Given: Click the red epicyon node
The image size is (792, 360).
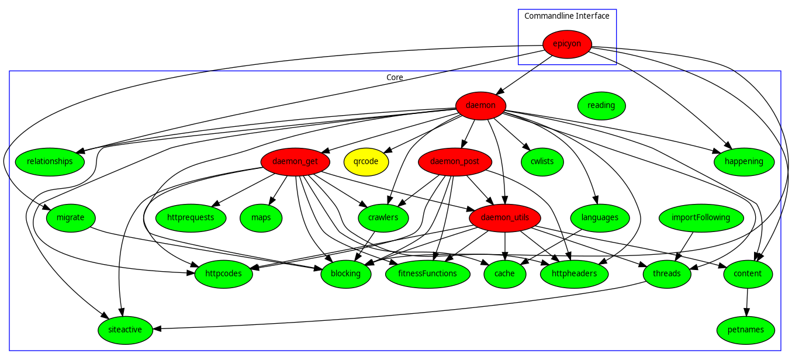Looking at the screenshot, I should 567,44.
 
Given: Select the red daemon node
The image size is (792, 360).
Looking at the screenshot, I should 480,106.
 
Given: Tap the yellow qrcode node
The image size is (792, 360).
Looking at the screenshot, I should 366,161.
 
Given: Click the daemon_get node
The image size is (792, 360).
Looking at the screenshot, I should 295,161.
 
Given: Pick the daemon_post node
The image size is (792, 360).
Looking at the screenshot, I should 454,161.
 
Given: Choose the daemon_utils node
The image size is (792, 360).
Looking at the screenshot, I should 504,217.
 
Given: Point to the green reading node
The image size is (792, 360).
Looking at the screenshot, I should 601,106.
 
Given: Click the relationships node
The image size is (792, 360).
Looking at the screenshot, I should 50,161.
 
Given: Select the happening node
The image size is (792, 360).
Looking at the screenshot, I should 743,161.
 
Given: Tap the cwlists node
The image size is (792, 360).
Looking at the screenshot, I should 542,161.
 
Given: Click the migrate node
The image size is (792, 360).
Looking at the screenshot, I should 70,217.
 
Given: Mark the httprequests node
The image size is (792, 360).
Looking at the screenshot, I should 191,217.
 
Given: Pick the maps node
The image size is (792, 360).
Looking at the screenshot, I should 261,217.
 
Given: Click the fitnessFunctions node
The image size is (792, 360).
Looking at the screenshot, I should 427,274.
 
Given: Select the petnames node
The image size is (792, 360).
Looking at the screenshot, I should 746,330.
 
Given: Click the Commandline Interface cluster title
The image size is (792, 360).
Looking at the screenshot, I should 566,16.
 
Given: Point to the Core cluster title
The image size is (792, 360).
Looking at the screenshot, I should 395,77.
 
